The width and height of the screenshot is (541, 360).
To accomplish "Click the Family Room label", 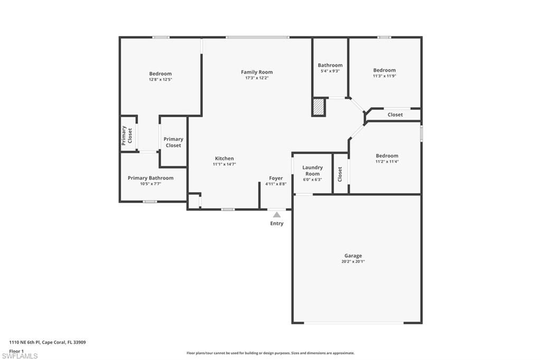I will click(257, 72).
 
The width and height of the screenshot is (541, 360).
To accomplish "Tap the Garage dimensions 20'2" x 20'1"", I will click(353, 261).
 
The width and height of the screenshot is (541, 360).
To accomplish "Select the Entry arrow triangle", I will click(277, 214).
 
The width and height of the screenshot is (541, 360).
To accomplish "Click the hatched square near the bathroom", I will click(318, 107).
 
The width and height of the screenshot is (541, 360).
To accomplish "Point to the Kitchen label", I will click(224, 158).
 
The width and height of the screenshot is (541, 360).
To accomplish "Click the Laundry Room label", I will click(312, 170).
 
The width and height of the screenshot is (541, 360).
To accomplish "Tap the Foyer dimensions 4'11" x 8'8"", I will click(276, 184).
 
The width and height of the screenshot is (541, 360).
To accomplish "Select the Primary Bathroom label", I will click(151, 178).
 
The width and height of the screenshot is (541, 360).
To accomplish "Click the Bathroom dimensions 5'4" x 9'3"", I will click(330, 71).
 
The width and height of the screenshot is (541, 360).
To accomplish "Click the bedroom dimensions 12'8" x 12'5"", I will click(160, 79).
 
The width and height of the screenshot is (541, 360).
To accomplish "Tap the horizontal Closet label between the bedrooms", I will click(395, 115).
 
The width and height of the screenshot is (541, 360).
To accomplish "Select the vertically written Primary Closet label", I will click(127, 135).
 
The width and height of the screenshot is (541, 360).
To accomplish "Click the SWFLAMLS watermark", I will click(20, 356).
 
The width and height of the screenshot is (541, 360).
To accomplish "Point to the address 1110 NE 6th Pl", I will click(48, 342).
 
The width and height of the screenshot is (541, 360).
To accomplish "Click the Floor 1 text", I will click(17, 350).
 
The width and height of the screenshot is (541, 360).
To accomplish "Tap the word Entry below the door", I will click(277, 223).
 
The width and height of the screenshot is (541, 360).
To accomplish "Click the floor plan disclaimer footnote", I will click(270, 353).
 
